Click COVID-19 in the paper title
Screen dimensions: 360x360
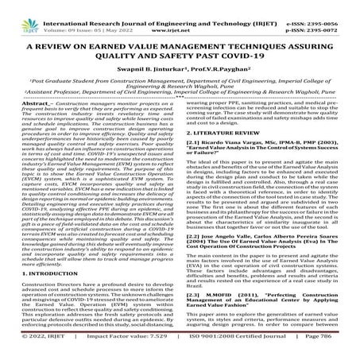[246, 58]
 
